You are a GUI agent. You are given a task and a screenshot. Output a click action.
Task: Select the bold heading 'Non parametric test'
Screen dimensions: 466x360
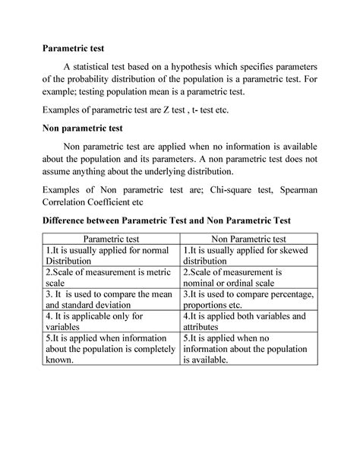coord(84,128)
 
